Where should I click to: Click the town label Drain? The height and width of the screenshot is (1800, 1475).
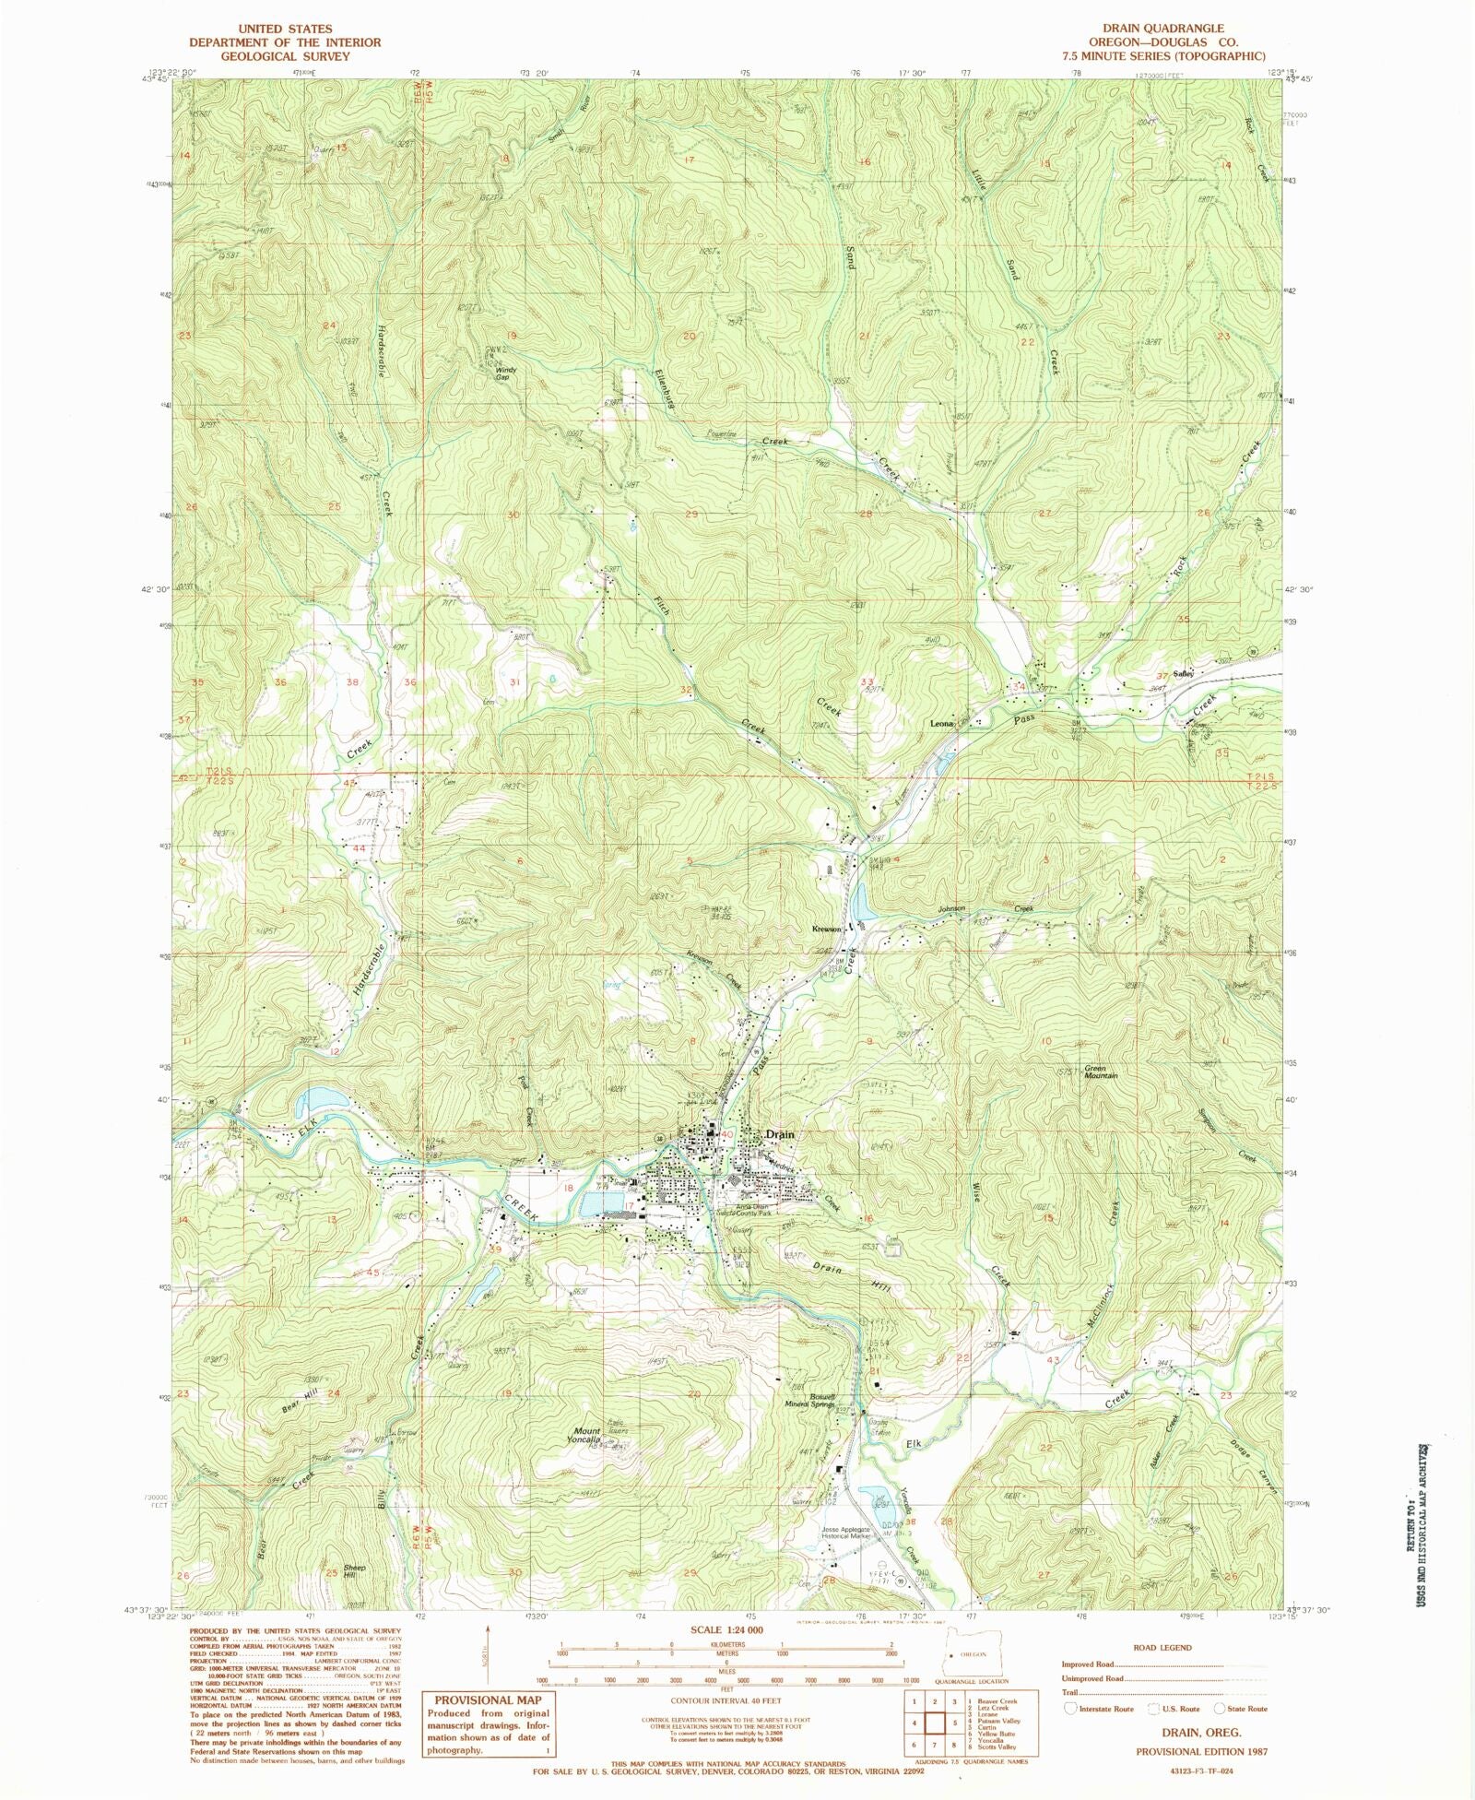(780, 1135)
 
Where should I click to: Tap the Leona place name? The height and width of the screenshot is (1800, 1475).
(943, 725)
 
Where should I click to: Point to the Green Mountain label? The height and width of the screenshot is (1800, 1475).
(1101, 1072)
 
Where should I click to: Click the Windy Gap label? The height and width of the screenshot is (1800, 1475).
(507, 373)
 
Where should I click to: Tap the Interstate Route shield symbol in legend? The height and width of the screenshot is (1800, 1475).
(1070, 1708)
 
